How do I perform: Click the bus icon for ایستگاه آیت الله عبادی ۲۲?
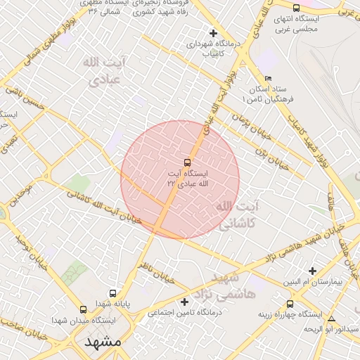(x=186, y=162)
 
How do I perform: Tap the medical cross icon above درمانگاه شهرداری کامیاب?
(x=214, y=33)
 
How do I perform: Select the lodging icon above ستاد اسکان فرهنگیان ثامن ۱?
(x=268, y=79)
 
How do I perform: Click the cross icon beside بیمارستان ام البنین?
(x=313, y=271)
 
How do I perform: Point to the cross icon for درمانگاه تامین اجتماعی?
(x=185, y=302)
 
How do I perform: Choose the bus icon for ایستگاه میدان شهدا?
(x=84, y=309)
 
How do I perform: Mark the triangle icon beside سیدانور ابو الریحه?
(x=332, y=318)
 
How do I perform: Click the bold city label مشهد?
(x=103, y=342)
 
